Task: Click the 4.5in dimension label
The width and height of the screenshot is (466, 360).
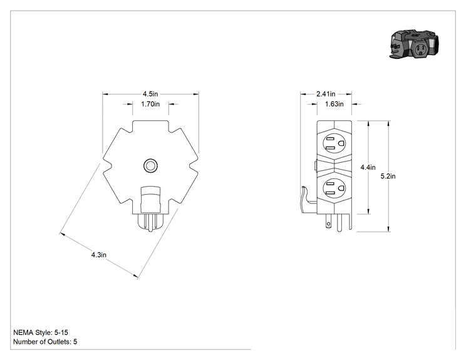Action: coord(150,94)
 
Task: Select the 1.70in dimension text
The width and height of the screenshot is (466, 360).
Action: coord(150,104)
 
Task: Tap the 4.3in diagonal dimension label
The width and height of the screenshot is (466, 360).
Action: coord(99,255)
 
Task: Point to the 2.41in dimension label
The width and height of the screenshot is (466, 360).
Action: coord(326,94)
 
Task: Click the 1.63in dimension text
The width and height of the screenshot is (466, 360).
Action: coord(334,104)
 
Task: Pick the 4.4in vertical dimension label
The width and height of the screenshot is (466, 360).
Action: coord(368,167)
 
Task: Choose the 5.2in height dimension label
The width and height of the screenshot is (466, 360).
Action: coord(388,176)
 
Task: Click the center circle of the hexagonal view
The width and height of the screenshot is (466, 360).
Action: coord(150,166)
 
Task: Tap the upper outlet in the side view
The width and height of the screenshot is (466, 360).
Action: coord(334,143)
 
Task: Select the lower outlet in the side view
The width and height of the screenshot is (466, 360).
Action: coord(334,188)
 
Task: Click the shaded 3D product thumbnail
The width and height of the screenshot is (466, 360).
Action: coord(414,44)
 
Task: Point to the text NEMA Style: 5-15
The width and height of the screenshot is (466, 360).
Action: coord(41,332)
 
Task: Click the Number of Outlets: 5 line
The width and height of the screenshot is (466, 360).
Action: coord(45,342)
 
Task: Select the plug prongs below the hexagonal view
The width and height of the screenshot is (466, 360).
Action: coord(150,223)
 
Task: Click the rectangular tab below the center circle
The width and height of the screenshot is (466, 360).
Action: coord(150,199)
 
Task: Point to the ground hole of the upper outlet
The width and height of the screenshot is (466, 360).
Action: coord(341,143)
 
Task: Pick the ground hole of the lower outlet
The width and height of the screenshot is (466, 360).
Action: coord(341,188)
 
